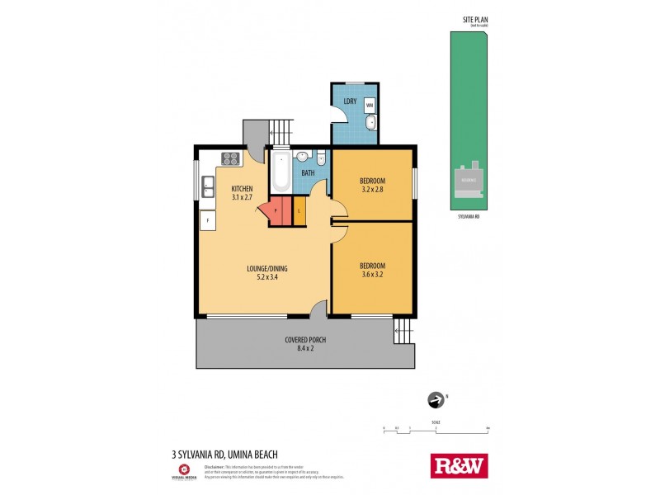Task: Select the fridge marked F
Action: [208, 221]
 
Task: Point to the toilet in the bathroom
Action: [322, 158]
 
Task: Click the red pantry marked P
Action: [276, 211]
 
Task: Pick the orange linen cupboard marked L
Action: [299, 211]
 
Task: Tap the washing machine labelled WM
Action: [370, 105]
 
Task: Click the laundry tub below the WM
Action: [370, 125]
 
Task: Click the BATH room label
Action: [308, 173]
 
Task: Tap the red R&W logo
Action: [460, 465]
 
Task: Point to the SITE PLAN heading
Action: [474, 21]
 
